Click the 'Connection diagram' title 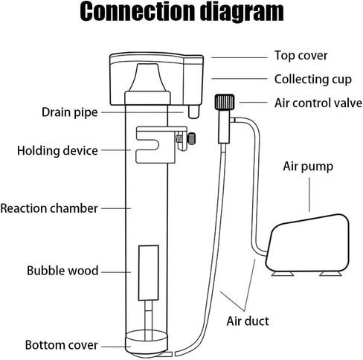click(181, 12)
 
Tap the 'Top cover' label click(301, 56)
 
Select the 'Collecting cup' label click(313, 80)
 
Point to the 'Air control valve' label click(318, 103)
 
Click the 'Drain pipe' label click(70, 112)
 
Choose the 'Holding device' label click(57, 151)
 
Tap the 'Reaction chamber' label click(49, 208)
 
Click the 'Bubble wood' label click(62, 271)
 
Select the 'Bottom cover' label click(62, 345)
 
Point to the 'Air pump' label click(308, 167)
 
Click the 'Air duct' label click(248, 321)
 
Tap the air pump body click(307, 243)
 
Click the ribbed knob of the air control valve click(225, 102)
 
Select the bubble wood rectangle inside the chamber click(149, 273)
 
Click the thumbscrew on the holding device click(191, 139)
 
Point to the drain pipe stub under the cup click(193, 112)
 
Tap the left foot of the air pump click(283, 274)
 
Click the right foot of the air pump click(331, 274)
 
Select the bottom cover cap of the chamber click(147, 344)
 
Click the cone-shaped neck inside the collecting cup click(147, 77)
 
